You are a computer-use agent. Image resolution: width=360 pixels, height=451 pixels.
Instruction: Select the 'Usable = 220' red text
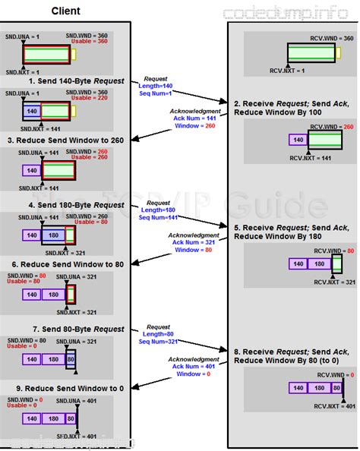[x=87, y=98]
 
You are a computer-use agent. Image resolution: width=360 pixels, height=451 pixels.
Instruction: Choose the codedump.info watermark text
[x=289, y=14]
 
